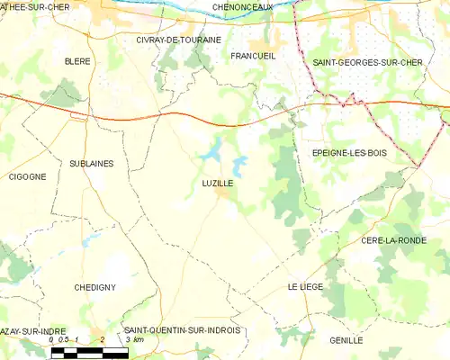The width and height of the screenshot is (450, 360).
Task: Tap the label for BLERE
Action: pyautogui.click(x=77, y=61)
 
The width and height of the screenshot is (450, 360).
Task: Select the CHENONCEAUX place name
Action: pyautogui.click(x=243, y=7)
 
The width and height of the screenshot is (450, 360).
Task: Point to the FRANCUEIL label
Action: pyautogui.click(x=253, y=56)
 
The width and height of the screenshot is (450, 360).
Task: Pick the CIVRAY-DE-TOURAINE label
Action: pyautogui.click(x=179, y=40)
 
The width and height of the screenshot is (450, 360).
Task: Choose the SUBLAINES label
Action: pyautogui.click(x=90, y=163)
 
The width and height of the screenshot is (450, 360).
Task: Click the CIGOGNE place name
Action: pyautogui.click(x=27, y=176)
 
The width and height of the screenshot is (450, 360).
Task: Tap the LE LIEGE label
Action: pyautogui.click(x=305, y=286)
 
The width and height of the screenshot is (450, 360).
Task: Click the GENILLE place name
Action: pyautogui.click(x=346, y=340)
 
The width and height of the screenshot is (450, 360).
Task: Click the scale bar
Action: pyautogui.click(x=89, y=353)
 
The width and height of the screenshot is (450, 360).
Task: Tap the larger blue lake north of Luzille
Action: pyautogui.click(x=212, y=150)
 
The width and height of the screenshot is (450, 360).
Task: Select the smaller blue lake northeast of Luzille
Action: pyautogui.click(x=238, y=166)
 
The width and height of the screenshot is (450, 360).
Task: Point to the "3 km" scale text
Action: pyautogui.click(x=133, y=340)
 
